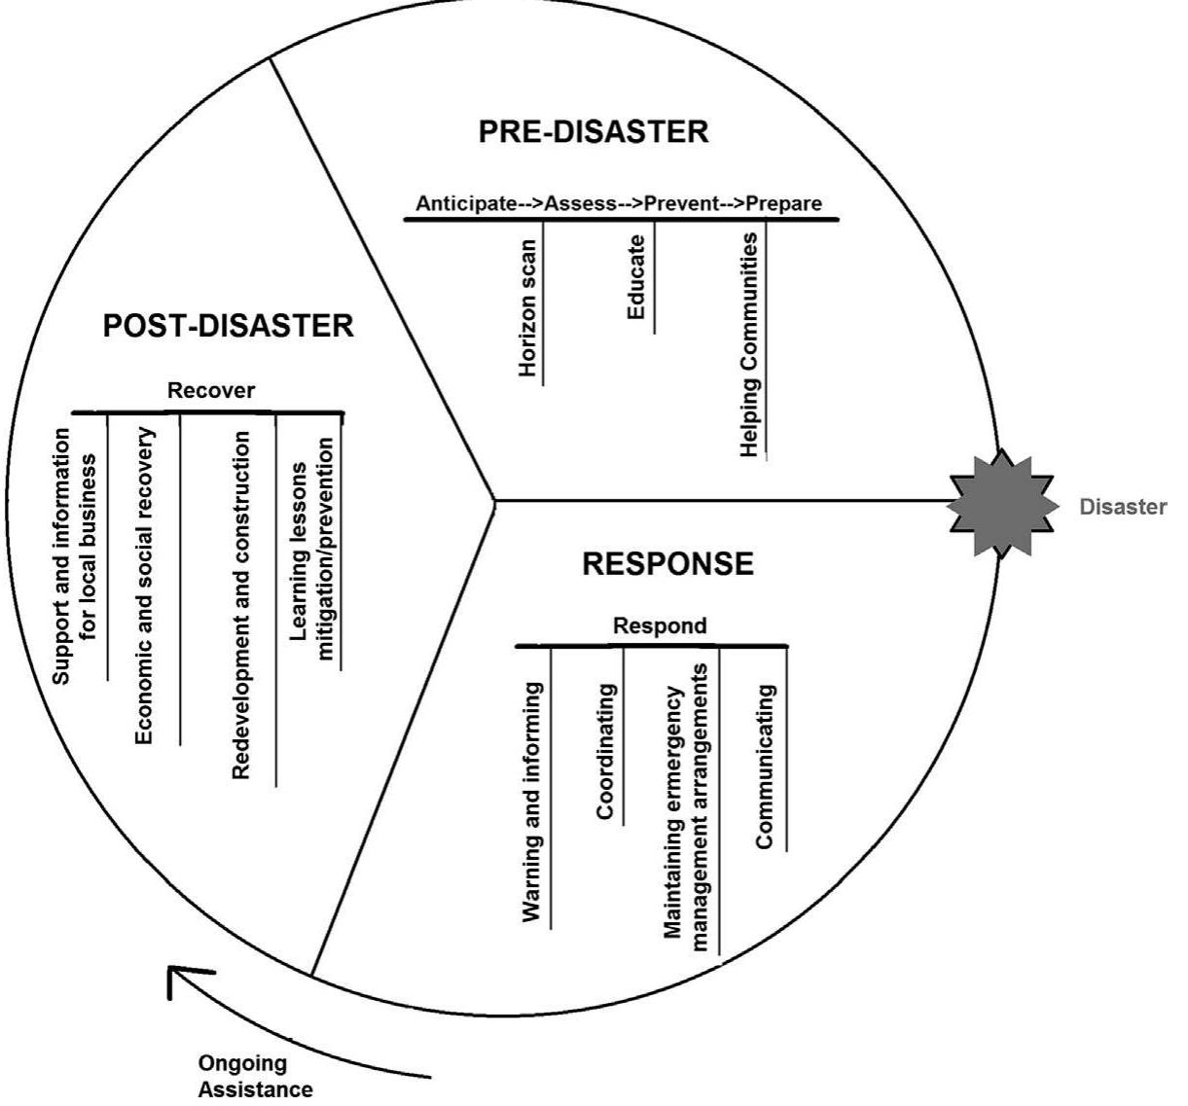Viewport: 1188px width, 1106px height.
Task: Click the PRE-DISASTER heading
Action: (x=593, y=131)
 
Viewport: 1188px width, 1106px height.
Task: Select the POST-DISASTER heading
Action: (x=228, y=326)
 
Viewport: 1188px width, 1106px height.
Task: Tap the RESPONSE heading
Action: (x=667, y=564)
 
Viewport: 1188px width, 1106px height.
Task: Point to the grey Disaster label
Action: (x=1122, y=507)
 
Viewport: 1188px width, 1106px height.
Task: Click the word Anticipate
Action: (x=465, y=203)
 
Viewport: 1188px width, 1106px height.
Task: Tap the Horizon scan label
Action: (x=528, y=308)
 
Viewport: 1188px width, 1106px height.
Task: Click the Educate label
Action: (x=636, y=278)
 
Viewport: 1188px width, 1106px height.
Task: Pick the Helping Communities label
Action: (x=749, y=344)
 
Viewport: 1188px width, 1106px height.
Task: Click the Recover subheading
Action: (x=211, y=391)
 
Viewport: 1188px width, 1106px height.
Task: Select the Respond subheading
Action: (x=660, y=625)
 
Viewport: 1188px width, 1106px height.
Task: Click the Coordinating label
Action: (x=605, y=751)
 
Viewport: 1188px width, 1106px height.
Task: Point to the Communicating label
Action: (x=766, y=766)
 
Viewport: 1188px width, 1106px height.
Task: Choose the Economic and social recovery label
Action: (x=144, y=586)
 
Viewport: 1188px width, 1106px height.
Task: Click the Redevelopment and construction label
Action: (x=241, y=605)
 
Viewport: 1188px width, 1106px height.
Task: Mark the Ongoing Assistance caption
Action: (x=255, y=1076)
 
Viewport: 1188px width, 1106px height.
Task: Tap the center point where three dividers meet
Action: (x=494, y=502)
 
